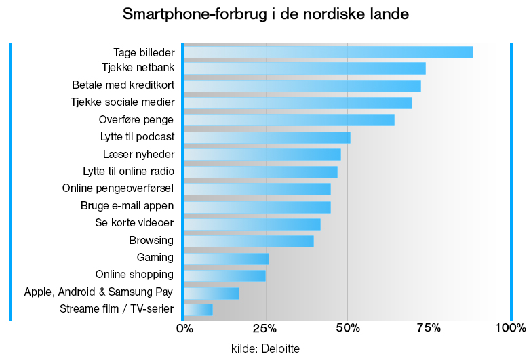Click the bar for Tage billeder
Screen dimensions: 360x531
point(328,52)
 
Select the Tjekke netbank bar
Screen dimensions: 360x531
point(304,68)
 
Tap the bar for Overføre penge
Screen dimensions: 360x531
point(289,120)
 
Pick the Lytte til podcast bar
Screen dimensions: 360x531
point(267,138)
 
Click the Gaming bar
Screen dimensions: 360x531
point(227,258)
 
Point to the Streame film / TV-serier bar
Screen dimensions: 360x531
point(198,310)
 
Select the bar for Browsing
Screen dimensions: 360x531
point(249,241)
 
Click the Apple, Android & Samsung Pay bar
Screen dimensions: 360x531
point(212,293)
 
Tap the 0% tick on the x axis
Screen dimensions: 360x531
point(184,329)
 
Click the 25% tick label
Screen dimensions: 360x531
point(266,329)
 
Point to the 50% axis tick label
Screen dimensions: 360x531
point(347,329)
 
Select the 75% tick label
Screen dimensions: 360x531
point(429,329)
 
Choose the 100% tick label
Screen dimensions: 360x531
point(510,329)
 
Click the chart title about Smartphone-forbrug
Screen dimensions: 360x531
point(265,14)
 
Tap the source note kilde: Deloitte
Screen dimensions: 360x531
point(265,348)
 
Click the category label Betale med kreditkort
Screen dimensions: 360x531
point(123,85)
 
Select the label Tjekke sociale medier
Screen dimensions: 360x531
point(122,102)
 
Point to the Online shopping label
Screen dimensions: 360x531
point(134,275)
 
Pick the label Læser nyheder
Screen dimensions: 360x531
point(138,154)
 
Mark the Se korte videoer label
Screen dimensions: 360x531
point(134,223)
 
